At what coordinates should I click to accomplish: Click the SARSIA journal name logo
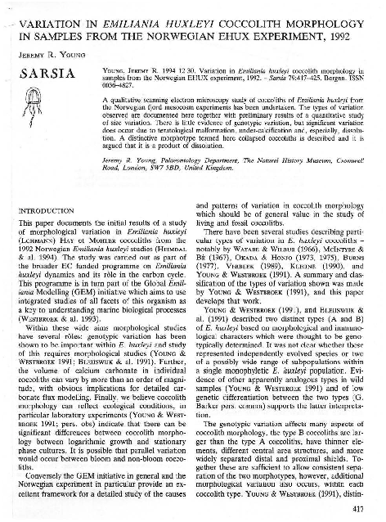pos(48,81)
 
